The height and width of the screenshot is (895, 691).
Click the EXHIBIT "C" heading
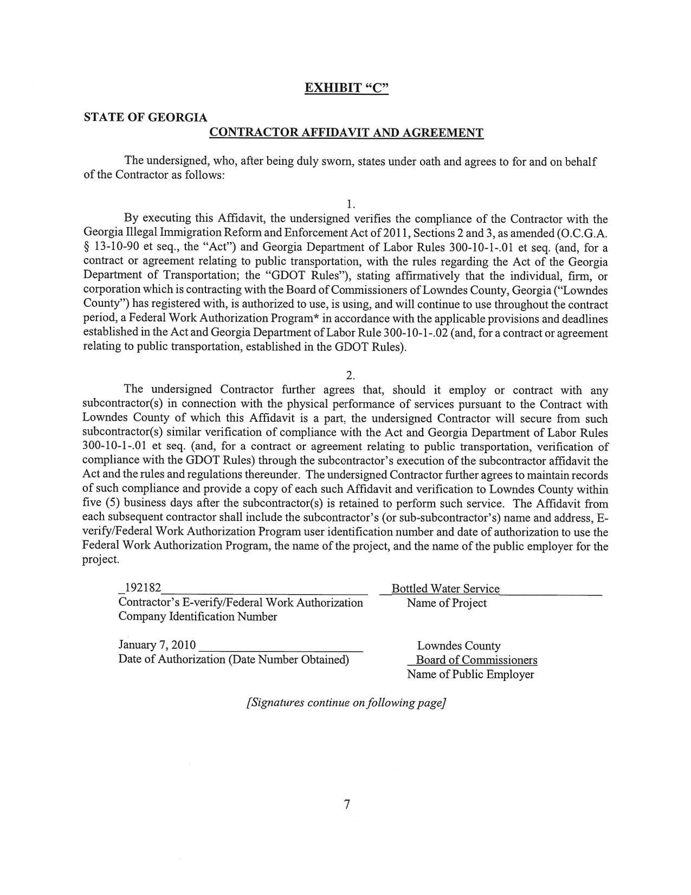(346, 88)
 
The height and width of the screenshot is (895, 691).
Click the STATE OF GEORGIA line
(145, 117)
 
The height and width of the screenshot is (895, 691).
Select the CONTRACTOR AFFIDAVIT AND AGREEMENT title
(346, 133)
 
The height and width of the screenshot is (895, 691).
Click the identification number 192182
(143, 589)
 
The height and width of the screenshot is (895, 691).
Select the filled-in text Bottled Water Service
(445, 589)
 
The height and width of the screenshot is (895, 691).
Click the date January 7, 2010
(157, 645)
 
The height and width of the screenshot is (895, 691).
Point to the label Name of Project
(447, 603)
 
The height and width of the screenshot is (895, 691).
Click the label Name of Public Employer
(470, 674)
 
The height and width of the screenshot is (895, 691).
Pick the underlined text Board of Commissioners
(476, 660)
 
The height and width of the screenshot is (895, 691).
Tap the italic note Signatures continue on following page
(346, 703)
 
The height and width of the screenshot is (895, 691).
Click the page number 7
(347, 804)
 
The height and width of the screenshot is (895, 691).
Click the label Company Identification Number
(197, 616)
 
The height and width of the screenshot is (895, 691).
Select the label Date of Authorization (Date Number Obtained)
(233, 659)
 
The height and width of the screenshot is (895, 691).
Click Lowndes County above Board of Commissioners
(458, 646)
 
